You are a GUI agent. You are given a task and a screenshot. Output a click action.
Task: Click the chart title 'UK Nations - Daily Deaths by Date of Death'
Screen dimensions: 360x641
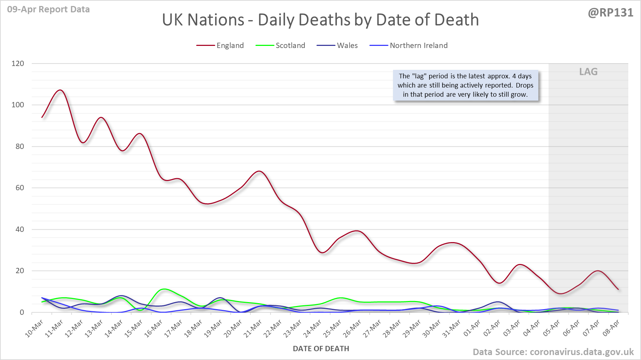tap(320, 20)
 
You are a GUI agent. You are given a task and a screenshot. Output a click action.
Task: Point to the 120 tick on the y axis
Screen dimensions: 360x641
tap(18, 64)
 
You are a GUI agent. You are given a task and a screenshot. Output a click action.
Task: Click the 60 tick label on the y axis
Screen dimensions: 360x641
tap(20, 188)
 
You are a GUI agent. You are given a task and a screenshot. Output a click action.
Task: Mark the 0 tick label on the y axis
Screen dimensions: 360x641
tap(22, 312)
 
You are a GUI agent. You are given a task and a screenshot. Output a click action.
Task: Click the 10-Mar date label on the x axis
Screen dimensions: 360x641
tap(35, 328)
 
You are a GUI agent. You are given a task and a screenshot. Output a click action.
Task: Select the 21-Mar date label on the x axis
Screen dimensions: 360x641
tap(253, 328)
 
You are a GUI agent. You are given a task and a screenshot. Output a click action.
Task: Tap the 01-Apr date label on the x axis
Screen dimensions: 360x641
tap(472, 328)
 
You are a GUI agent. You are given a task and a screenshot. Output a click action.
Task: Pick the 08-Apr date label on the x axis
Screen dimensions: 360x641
tap(611, 328)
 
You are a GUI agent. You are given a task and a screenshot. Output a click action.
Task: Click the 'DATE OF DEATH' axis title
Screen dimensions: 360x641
tap(321, 349)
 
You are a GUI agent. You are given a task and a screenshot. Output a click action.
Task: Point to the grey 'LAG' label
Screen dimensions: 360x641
tap(588, 72)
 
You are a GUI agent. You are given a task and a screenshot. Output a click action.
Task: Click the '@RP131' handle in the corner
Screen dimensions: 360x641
tap(611, 13)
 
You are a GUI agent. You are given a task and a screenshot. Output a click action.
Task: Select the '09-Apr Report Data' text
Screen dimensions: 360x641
tap(48, 10)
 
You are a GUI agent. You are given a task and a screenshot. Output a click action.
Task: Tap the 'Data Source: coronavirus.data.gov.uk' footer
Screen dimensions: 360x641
tap(553, 352)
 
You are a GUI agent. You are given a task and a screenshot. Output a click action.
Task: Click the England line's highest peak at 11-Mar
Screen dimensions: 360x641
tap(61, 90)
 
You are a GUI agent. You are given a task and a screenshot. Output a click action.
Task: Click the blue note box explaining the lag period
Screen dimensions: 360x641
tap(466, 85)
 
